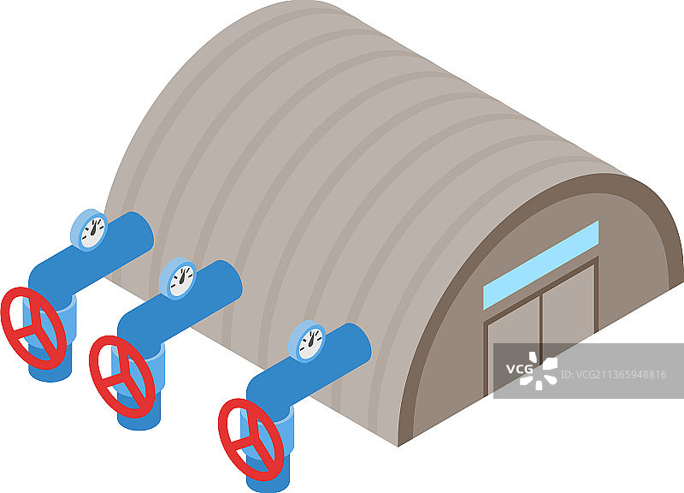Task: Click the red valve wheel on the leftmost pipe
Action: click(x=33, y=327)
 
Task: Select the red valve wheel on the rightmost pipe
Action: click(x=251, y=437)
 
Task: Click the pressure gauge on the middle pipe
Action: click(x=178, y=278)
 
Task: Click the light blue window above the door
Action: click(x=540, y=264)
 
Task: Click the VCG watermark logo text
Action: click(x=519, y=370)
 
